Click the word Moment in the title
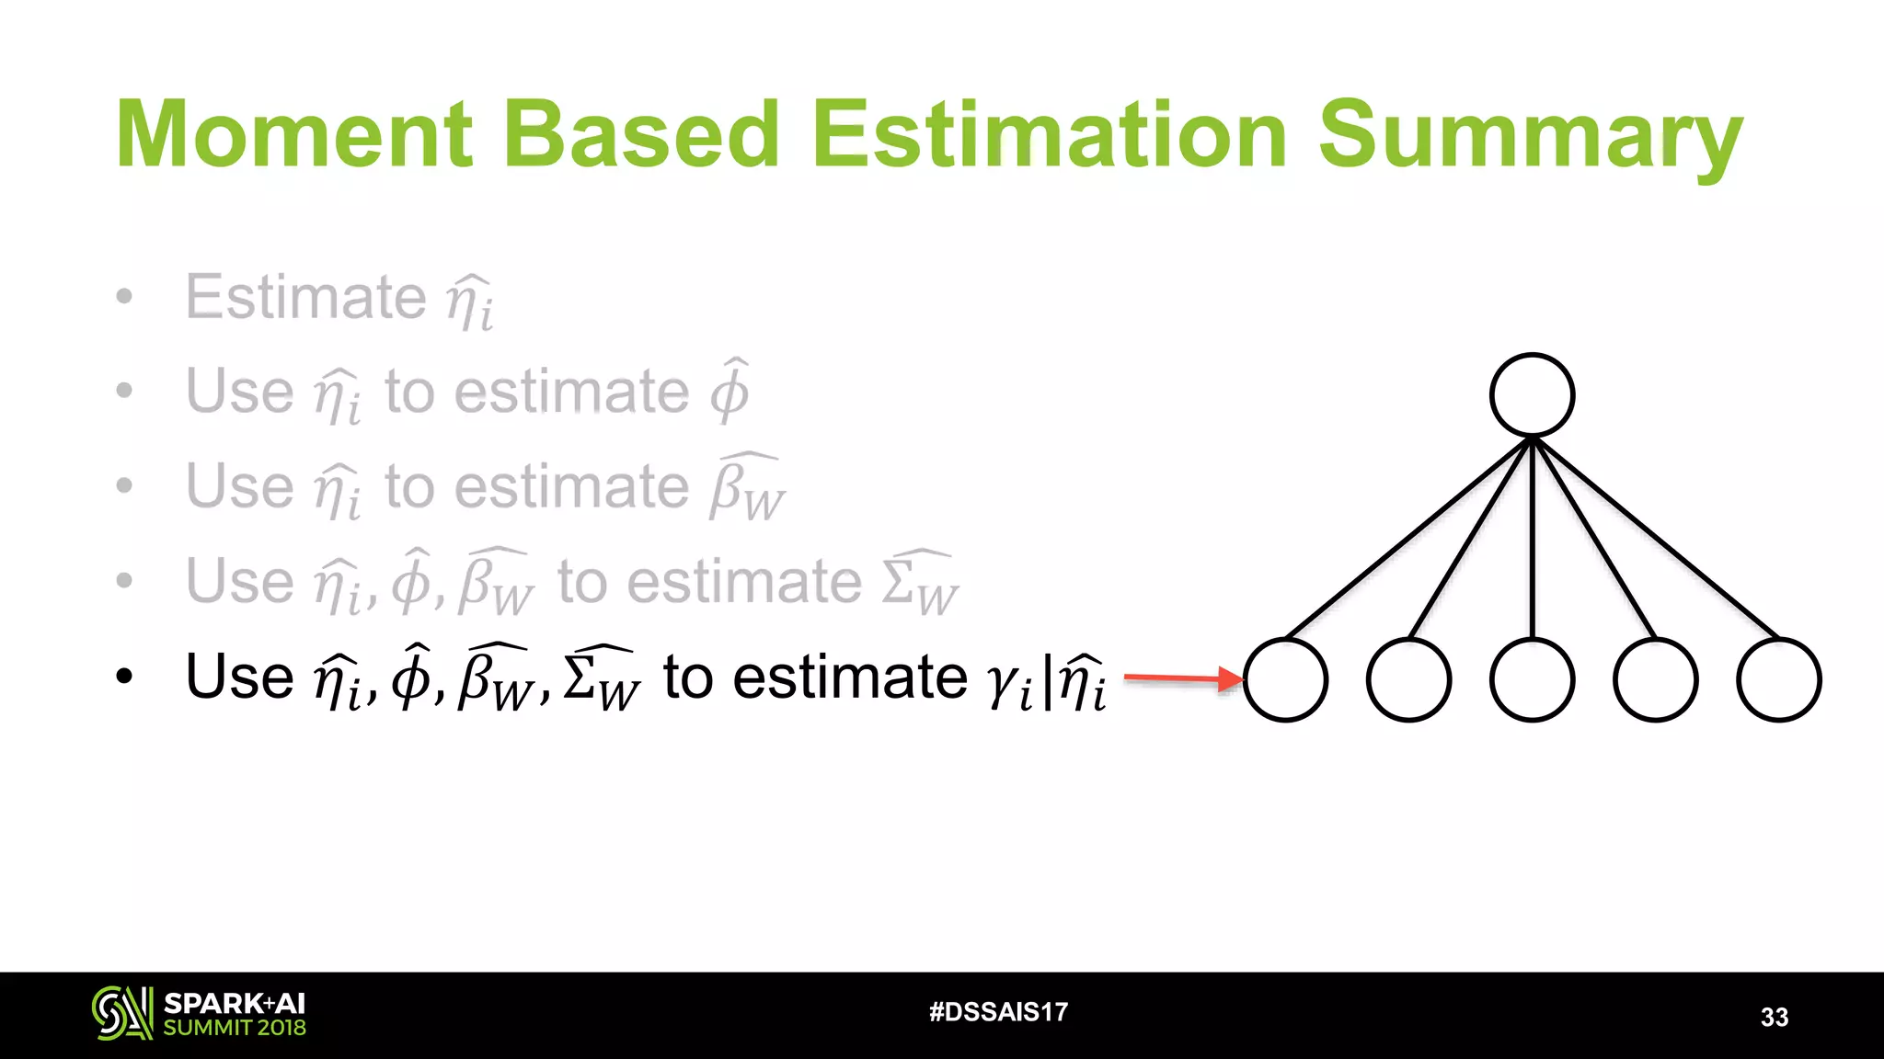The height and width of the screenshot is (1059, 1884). point(293,135)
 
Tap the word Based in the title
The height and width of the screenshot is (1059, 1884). point(642,135)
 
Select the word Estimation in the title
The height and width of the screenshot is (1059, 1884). point(1050,135)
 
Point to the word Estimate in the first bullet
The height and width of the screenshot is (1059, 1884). point(305,297)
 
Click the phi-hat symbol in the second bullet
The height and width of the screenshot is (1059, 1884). point(729,391)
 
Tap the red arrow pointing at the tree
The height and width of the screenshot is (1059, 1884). point(1183,679)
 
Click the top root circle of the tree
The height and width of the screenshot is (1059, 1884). point(1532,395)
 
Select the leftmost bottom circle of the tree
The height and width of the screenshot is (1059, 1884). point(1285,680)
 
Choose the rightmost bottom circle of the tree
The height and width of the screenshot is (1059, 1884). point(1778,680)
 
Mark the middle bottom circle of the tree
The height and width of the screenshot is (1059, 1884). point(1532,680)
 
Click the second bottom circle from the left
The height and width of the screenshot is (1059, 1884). point(1408,680)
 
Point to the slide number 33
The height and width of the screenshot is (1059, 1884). point(1775,1017)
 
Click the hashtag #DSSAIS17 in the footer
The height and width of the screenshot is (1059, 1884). point(998,1012)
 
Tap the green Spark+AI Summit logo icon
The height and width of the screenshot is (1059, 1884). point(121,1013)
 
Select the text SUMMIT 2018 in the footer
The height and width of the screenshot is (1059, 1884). point(235,1028)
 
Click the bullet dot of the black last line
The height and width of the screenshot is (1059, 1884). point(125,678)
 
